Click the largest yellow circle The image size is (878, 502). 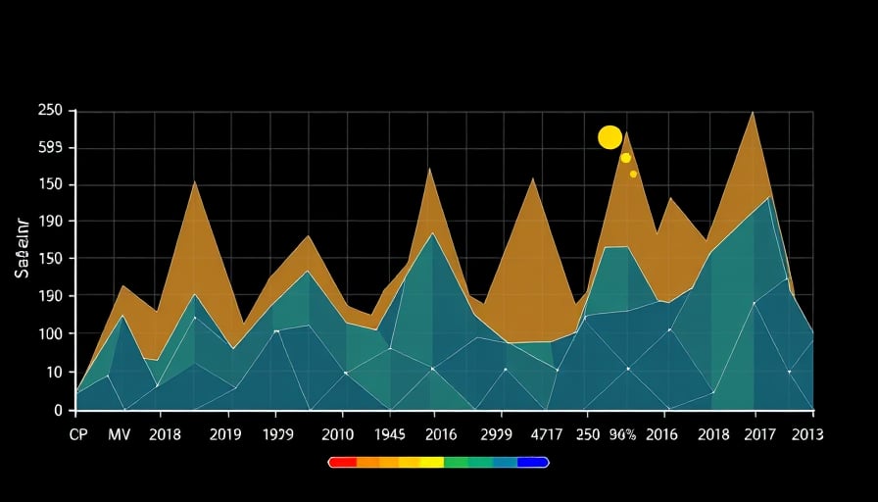610,137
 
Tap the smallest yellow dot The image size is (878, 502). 633,174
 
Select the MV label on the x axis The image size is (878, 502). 120,434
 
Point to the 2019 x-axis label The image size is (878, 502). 225,434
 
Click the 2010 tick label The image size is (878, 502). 338,434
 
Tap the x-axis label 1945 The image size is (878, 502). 390,434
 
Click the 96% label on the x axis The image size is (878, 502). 622,434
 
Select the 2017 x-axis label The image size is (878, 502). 761,434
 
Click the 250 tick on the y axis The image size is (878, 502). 50,111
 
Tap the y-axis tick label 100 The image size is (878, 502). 50,334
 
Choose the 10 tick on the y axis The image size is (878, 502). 54,373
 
